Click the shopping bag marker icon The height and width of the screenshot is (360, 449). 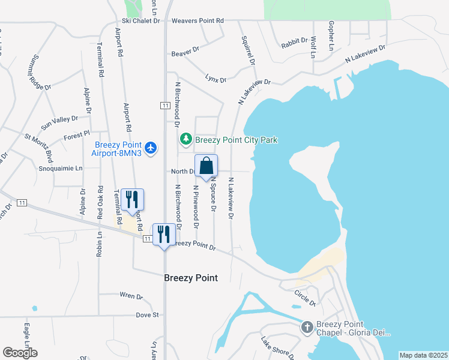206,166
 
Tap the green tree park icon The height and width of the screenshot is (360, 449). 186,140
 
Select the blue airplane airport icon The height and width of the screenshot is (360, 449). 150,147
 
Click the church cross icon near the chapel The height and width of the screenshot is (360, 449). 307,328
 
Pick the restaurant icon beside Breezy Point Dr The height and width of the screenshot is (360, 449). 164,233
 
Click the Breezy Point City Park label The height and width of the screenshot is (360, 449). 236,140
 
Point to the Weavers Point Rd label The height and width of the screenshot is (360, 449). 197,20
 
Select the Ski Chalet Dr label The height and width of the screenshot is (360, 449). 142,20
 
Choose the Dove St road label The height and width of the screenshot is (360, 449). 146,314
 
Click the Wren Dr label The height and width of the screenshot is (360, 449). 131,296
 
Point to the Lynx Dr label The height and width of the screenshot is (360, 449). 215,79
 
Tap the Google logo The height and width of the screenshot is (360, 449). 20,353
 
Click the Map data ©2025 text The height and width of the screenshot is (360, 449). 423,355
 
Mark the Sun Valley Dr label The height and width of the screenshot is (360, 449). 59,123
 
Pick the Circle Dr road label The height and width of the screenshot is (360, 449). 305,298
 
